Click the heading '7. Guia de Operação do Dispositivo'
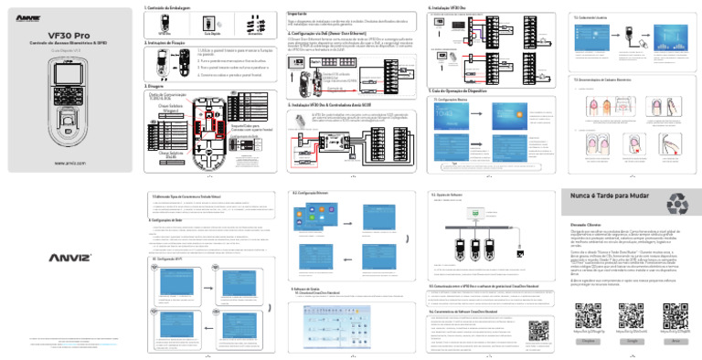tap(461, 92)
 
